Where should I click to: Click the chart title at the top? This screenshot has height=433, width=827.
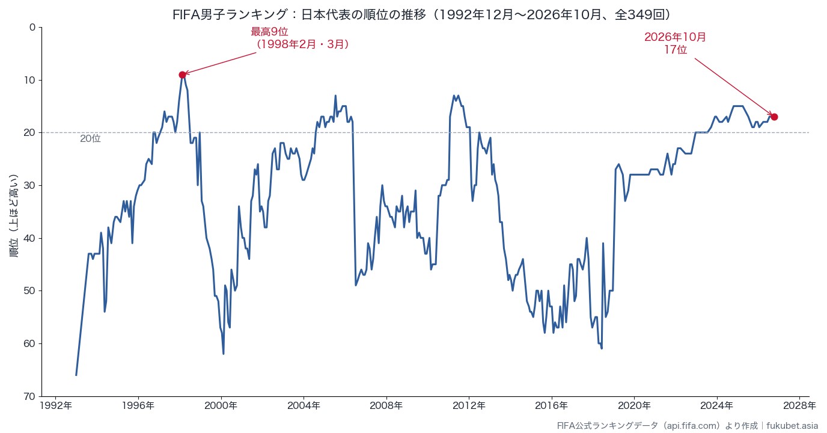(x=421, y=14)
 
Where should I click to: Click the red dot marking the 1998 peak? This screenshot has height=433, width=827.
(x=182, y=75)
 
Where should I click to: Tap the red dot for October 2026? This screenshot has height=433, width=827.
(x=774, y=117)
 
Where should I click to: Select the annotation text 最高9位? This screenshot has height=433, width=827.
(x=269, y=32)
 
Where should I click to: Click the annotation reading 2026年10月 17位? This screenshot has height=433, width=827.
(x=676, y=43)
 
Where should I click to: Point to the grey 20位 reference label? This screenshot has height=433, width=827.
(x=90, y=138)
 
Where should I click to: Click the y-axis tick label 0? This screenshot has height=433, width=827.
(x=32, y=27)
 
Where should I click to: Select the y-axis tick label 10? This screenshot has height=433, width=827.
(x=29, y=80)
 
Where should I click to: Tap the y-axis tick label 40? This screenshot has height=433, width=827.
(x=29, y=238)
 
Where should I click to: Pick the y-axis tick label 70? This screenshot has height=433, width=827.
(x=29, y=396)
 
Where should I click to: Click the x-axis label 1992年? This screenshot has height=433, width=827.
(x=56, y=406)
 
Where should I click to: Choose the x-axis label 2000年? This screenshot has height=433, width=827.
(x=221, y=406)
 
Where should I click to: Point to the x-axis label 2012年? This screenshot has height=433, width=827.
(x=469, y=406)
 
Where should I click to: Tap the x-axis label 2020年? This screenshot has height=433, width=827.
(x=634, y=406)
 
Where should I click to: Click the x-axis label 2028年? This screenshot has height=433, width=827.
(x=800, y=406)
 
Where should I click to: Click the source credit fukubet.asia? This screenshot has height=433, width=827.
(x=792, y=426)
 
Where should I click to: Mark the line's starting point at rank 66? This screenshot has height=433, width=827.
(x=76, y=375)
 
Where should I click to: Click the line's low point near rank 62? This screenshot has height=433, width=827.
(x=224, y=354)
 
